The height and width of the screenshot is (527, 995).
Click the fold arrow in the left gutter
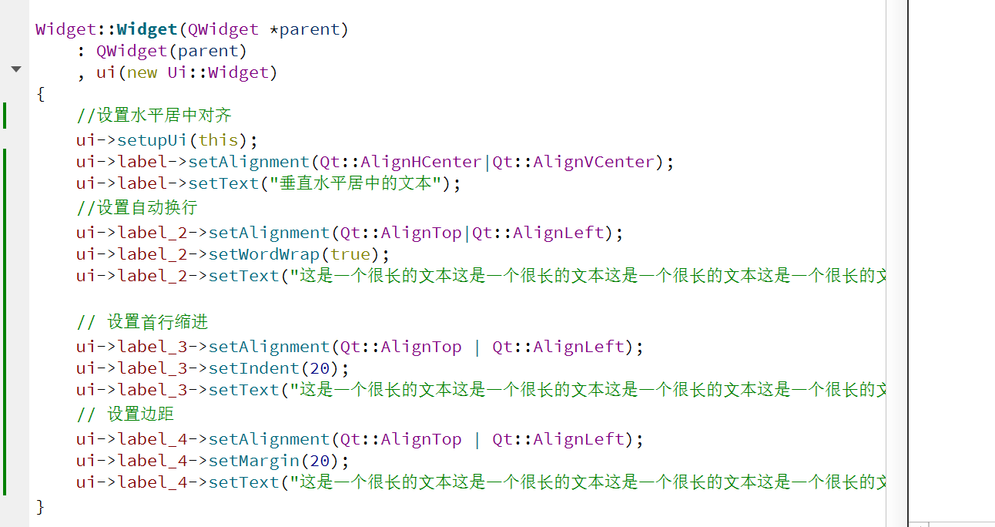(x=16, y=69)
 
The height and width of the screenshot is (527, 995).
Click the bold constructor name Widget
(x=147, y=30)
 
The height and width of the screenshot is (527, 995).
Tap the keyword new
(x=142, y=73)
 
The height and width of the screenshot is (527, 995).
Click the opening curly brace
(x=40, y=94)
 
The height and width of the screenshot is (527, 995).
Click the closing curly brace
(x=40, y=506)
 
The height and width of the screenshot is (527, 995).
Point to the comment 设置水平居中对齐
(x=154, y=116)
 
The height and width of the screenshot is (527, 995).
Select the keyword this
(x=218, y=140)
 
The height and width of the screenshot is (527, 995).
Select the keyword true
(x=350, y=254)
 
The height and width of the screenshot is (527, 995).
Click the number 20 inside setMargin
(x=320, y=461)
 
